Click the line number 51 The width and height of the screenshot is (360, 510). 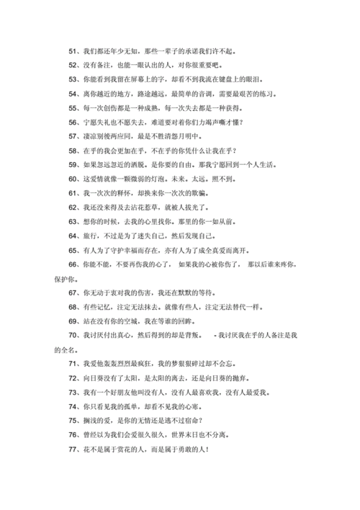pyautogui.click(x=73, y=52)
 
